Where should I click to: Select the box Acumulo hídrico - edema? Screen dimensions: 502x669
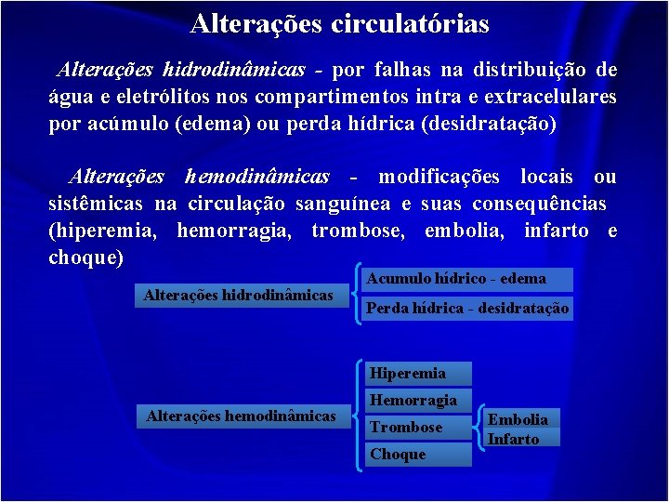pyautogui.click(x=456, y=279)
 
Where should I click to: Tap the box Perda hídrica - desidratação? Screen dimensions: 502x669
pyautogui.click(x=468, y=308)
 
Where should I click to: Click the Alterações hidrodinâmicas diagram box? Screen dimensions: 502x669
pyautogui.click(x=238, y=296)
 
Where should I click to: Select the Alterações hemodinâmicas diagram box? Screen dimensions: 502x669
pyautogui.click(x=241, y=416)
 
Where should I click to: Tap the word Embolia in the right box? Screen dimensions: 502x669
pyautogui.click(x=518, y=419)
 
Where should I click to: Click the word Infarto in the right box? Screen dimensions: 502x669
pyautogui.click(x=514, y=439)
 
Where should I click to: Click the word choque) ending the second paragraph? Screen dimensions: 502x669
pyautogui.click(x=85, y=258)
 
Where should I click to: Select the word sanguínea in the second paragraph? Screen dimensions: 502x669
pyautogui.click(x=343, y=204)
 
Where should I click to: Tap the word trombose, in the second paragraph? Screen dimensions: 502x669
pyautogui.click(x=358, y=231)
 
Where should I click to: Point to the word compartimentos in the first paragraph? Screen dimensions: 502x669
pyautogui.click(x=321, y=97)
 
